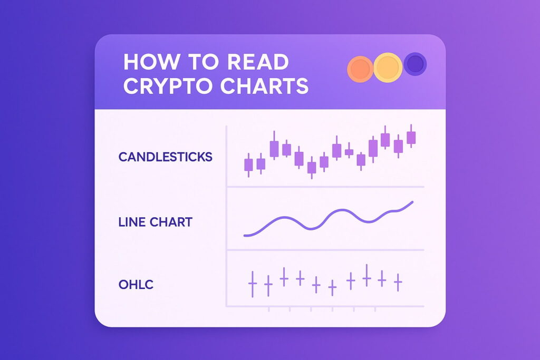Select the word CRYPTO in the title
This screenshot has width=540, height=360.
click(x=172, y=86)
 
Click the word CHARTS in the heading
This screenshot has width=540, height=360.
click(x=268, y=86)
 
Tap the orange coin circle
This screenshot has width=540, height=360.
click(x=360, y=69)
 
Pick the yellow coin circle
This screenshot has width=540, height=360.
click(x=388, y=67)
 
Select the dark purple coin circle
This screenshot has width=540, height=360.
click(x=415, y=64)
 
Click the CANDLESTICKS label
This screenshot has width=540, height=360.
click(x=166, y=157)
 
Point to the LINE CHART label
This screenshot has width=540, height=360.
click(x=155, y=221)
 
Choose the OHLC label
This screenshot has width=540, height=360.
click(x=136, y=285)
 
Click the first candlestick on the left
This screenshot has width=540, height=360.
click(x=248, y=165)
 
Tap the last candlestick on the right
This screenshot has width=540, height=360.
click(x=411, y=137)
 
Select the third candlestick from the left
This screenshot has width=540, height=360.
click(x=274, y=149)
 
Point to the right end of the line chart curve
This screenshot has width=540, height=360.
click(x=412, y=202)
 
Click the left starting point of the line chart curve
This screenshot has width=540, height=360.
click(x=245, y=235)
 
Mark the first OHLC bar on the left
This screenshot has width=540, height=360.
click(x=252, y=284)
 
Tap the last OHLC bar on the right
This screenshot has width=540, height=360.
click(x=398, y=282)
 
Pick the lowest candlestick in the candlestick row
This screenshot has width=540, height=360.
click(x=312, y=168)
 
